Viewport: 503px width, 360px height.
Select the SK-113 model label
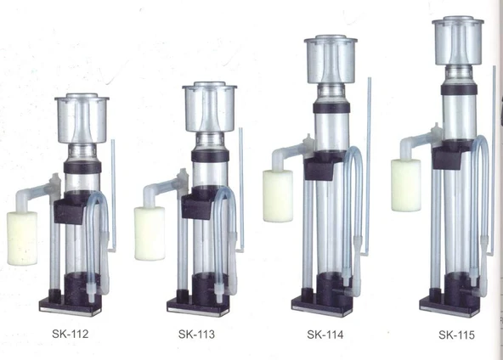pos(196,334)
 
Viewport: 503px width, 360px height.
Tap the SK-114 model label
pos(325,333)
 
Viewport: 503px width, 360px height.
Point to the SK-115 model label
pos(456,335)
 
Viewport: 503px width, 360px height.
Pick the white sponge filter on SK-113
pos(150,233)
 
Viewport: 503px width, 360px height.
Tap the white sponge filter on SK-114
pos(278,195)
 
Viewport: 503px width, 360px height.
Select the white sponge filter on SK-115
pos(405,184)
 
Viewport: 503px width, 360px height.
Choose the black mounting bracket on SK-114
pos(323,166)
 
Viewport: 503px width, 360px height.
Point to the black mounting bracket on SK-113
pos(197,204)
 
